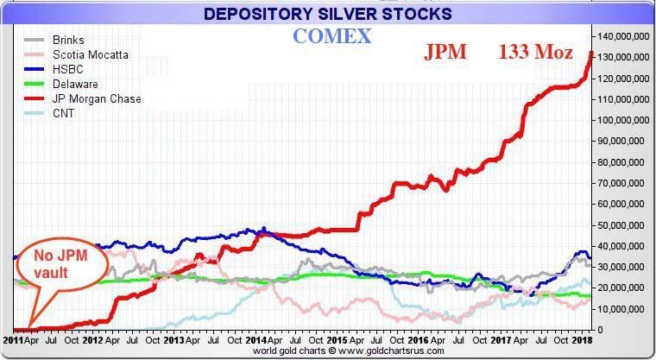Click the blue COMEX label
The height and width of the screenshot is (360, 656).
click(x=331, y=37)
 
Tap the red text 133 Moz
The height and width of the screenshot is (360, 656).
click(x=535, y=52)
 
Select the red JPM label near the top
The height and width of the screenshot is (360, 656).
click(x=445, y=52)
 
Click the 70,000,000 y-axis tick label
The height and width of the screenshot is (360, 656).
click(x=623, y=183)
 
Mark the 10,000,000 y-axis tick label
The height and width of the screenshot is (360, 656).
click(x=623, y=309)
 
